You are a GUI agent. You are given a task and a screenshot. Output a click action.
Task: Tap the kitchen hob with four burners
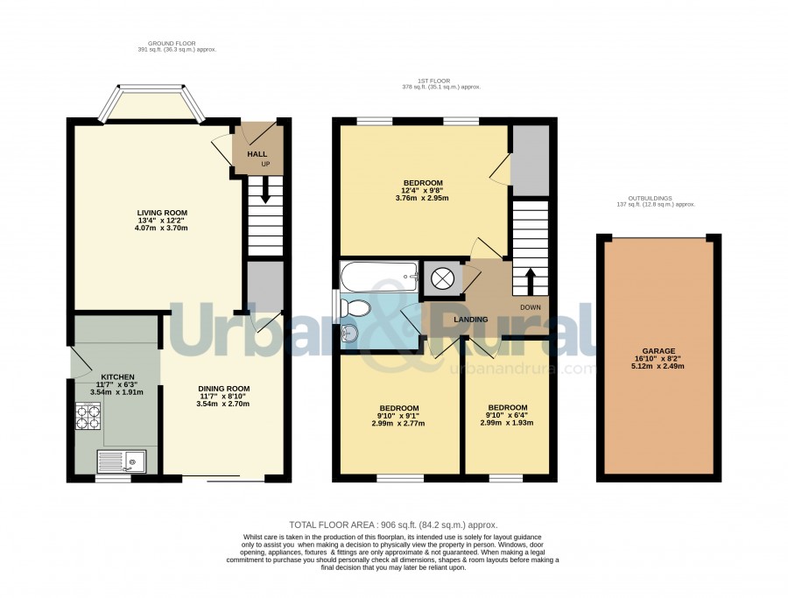(87, 416)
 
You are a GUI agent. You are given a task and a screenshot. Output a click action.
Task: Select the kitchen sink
(122, 461)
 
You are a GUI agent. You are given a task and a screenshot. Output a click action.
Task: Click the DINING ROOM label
(223, 389)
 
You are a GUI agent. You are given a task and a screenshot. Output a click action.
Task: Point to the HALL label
(257, 154)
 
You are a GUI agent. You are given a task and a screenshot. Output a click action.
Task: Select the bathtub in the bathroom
(379, 276)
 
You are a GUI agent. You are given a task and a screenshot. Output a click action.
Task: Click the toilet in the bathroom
(355, 307)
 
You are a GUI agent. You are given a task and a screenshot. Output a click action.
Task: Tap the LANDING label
(471, 320)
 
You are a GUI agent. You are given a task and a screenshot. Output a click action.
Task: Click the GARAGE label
(658, 351)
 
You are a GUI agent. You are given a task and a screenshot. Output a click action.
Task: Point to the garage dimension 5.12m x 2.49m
(658, 366)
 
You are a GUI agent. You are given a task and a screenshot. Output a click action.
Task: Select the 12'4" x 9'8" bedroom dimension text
(422, 191)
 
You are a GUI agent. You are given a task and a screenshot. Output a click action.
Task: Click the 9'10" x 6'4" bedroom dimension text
(507, 415)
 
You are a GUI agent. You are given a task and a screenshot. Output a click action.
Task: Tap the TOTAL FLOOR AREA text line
(393, 525)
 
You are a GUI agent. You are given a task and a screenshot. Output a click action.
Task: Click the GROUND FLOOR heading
(172, 44)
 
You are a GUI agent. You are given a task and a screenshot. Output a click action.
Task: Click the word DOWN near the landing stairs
(531, 307)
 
